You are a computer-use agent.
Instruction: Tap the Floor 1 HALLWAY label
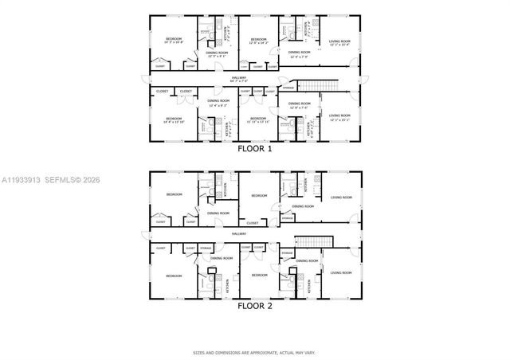[x=239, y=78]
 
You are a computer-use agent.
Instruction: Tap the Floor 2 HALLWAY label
[x=240, y=233]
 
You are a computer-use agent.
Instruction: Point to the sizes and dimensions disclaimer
[x=254, y=352]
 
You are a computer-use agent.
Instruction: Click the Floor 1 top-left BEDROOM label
[x=174, y=40]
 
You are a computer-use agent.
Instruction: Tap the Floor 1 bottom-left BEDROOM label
[x=174, y=120]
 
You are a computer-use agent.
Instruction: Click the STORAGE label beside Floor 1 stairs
[x=288, y=87]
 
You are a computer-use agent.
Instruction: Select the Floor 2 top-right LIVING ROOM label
[x=341, y=197]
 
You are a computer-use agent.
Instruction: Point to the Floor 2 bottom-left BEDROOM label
[x=174, y=276]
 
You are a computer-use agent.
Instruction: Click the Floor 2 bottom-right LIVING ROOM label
[x=340, y=272]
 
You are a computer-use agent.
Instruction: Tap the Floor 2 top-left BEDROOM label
[x=174, y=195]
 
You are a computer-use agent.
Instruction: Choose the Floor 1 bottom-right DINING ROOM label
[x=300, y=104]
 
